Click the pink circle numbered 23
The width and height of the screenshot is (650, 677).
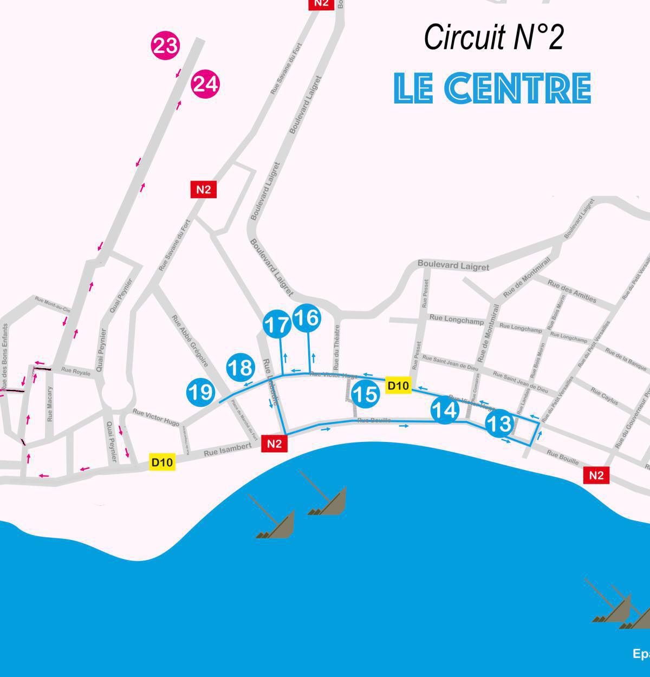[x=165, y=45]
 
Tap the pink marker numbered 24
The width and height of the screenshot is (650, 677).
[x=205, y=84]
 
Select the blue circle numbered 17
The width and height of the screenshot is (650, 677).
[x=277, y=325]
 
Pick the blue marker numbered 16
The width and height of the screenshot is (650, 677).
[x=307, y=318]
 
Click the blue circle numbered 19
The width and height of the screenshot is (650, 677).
[x=200, y=392]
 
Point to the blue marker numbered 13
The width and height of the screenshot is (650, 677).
[x=499, y=423]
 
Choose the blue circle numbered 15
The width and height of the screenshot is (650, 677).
[x=365, y=394]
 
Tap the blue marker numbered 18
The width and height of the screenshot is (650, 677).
[x=240, y=368]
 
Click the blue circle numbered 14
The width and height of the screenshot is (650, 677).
[x=445, y=410]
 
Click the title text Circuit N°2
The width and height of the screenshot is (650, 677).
[x=493, y=37]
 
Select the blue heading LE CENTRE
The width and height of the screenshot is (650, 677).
[x=492, y=88]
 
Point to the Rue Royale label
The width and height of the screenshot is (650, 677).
[x=76, y=372]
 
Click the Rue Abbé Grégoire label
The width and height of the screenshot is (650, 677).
[x=190, y=341]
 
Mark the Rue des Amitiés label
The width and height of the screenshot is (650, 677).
[x=571, y=291]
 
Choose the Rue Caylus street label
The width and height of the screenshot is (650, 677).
[x=604, y=396]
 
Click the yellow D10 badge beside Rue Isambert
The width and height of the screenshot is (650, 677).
[x=162, y=463]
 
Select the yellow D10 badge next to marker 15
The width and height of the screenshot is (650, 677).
[x=398, y=386]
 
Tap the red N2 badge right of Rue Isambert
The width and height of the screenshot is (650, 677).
[x=275, y=444]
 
